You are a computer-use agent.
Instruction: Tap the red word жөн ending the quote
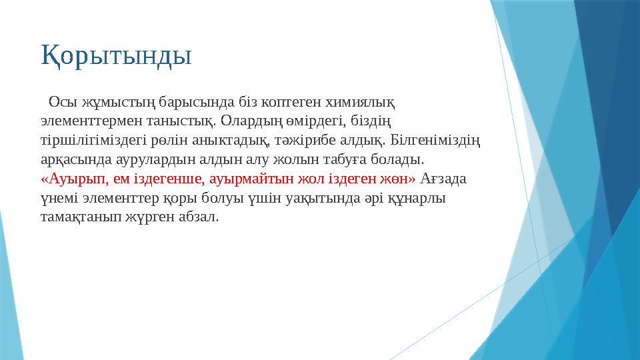[x=399, y=179]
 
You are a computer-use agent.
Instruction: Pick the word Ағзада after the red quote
[x=445, y=179]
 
